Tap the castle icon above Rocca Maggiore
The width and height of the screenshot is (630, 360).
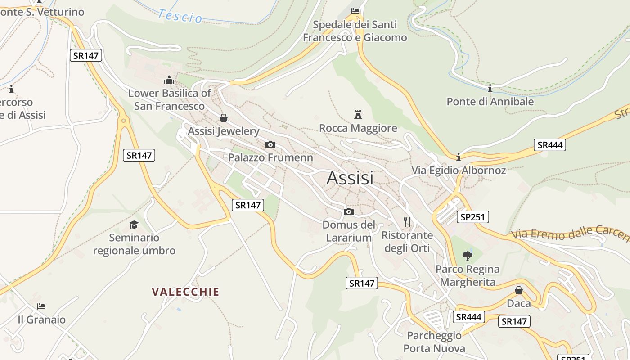pyautogui.click(x=358, y=114)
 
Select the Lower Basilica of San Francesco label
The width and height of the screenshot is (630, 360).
pyautogui.click(x=169, y=100)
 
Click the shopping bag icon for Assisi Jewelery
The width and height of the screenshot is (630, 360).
pyautogui.click(x=223, y=118)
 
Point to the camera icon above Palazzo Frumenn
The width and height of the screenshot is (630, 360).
pyautogui.click(x=270, y=144)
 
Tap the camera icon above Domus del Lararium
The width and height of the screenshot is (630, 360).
pyautogui.click(x=348, y=211)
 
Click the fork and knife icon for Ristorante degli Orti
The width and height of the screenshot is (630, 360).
pyautogui.click(x=407, y=221)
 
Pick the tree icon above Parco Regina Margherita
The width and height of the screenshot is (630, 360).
pyautogui.click(x=468, y=256)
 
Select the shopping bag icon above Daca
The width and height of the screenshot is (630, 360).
pyautogui.click(x=518, y=290)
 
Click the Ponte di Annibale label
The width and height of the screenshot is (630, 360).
pyautogui.click(x=490, y=102)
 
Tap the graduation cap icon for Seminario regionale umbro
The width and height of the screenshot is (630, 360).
pyautogui.click(x=134, y=225)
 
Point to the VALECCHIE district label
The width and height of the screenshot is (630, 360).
pyautogui.click(x=185, y=292)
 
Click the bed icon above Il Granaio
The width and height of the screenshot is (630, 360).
pyautogui.click(x=41, y=306)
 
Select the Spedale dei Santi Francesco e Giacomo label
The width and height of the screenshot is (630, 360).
pyautogui.click(x=355, y=31)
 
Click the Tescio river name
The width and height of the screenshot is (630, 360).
pyautogui.click(x=180, y=16)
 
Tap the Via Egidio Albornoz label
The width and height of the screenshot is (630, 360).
pyautogui.click(x=459, y=171)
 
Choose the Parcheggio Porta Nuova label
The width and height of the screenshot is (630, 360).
pyautogui.click(x=434, y=342)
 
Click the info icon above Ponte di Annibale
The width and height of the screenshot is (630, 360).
pyautogui.click(x=490, y=88)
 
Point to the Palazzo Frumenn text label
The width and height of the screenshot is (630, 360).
pyautogui.click(x=270, y=157)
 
